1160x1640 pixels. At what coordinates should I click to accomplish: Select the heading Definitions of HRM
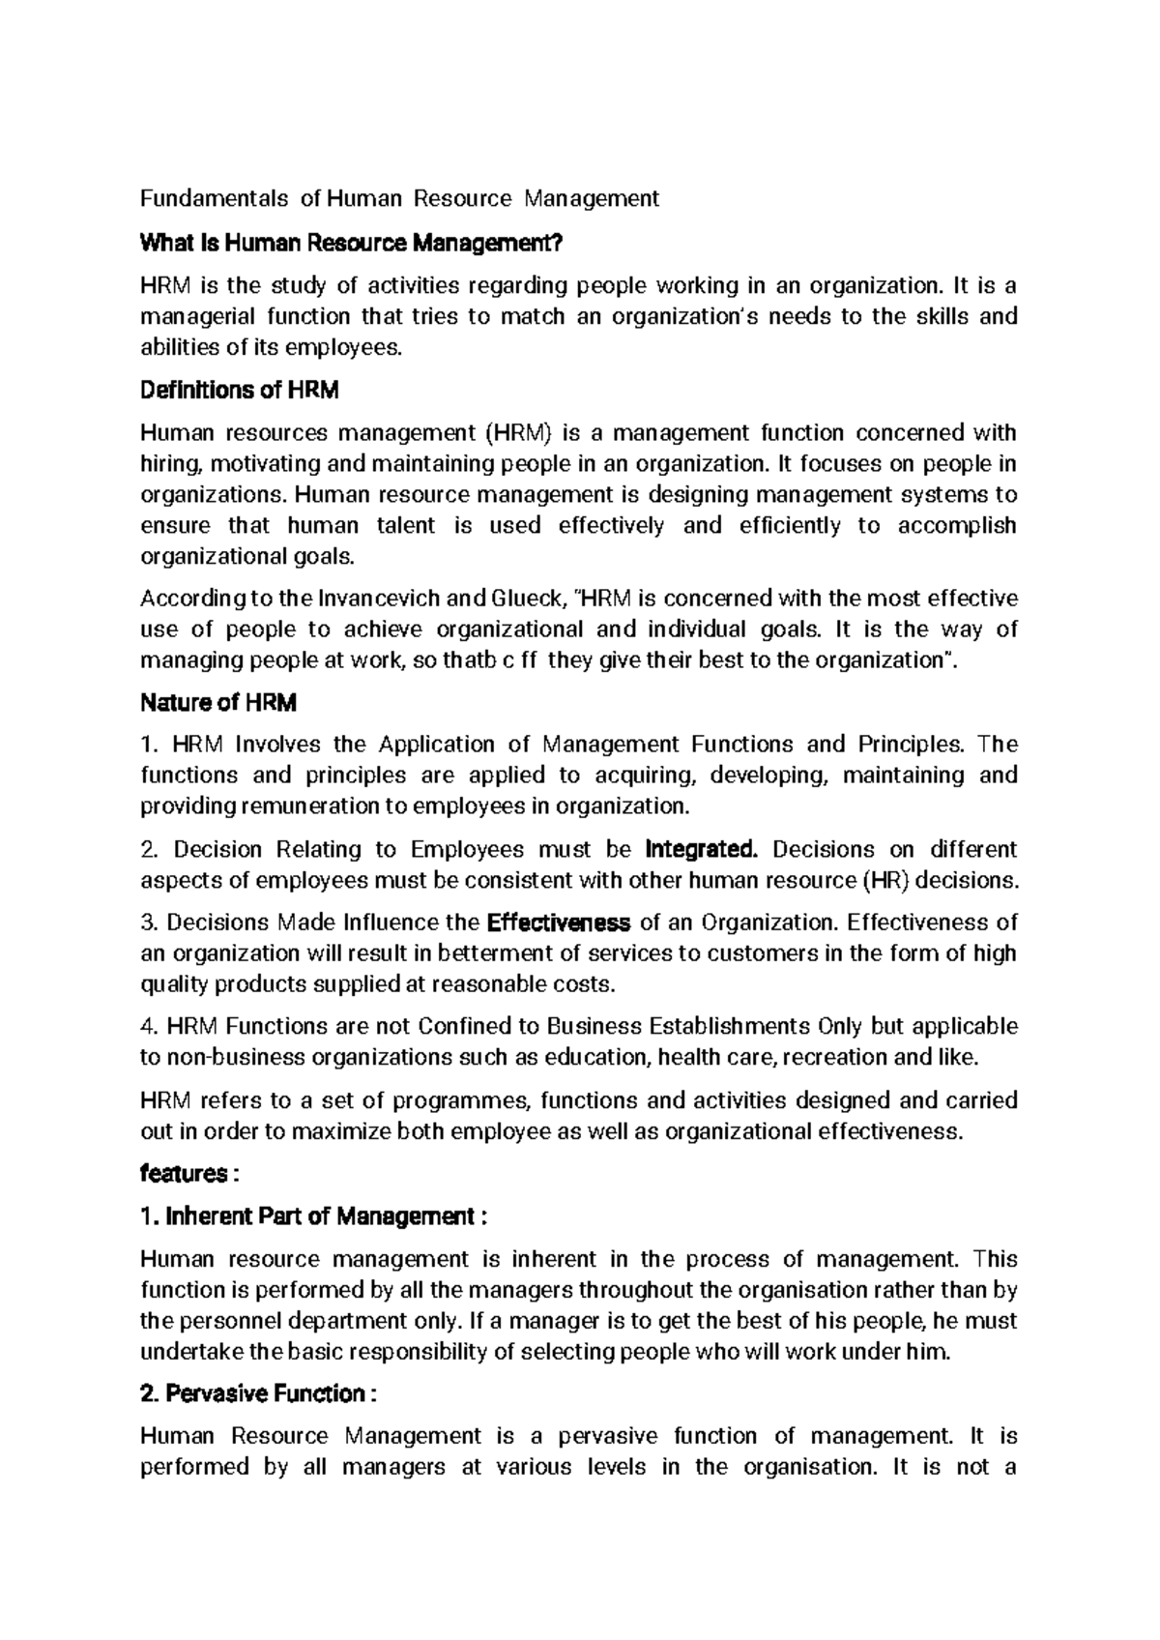pos(240,390)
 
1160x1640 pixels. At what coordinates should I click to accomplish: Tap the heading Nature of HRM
pos(218,703)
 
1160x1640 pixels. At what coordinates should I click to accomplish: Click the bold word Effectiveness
pos(561,922)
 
